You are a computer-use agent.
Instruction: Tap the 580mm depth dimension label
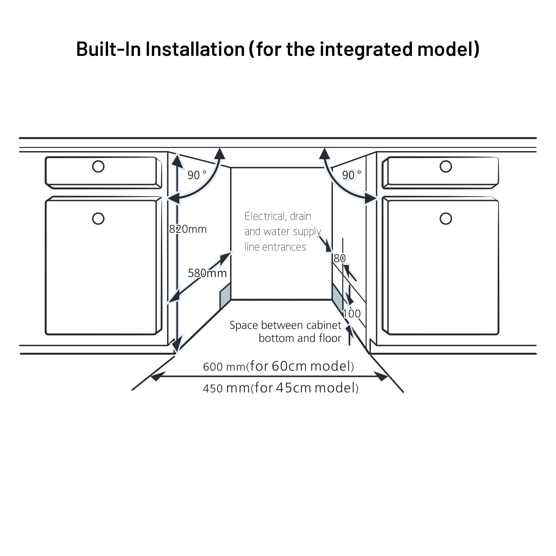207,273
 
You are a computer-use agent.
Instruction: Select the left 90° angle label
197,175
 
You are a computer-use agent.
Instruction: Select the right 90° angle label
351,175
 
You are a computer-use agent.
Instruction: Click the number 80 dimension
339,258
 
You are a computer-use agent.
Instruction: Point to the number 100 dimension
352,314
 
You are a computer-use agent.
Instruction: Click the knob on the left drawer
98,166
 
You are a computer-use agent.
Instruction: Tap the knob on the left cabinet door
98,218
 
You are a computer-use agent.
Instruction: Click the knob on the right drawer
446,166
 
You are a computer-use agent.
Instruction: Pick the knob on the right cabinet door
446,218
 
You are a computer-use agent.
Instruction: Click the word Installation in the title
195,49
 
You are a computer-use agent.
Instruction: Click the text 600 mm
224,367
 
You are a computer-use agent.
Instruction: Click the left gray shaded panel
225,296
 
